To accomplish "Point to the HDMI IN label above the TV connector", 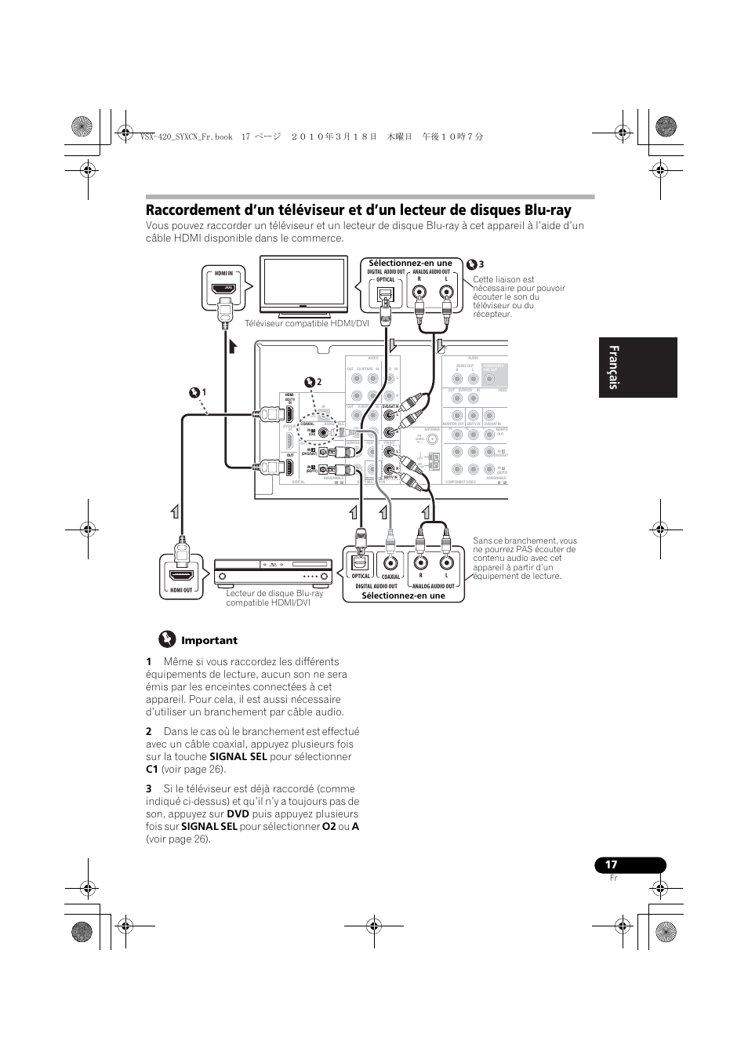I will [224, 273].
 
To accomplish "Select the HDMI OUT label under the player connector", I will [181, 590].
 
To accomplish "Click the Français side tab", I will [637, 367].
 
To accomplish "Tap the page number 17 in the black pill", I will [612, 864].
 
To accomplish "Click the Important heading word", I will [209, 640].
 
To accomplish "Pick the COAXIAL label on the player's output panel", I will [390, 577].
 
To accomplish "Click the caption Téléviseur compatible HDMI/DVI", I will [307, 323].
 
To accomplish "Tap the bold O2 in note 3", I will [329, 827].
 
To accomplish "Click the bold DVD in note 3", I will [238, 814].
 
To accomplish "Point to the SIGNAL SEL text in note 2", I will [238, 757].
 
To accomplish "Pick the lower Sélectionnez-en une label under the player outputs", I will [403, 595].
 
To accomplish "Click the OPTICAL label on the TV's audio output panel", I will [386, 279].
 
